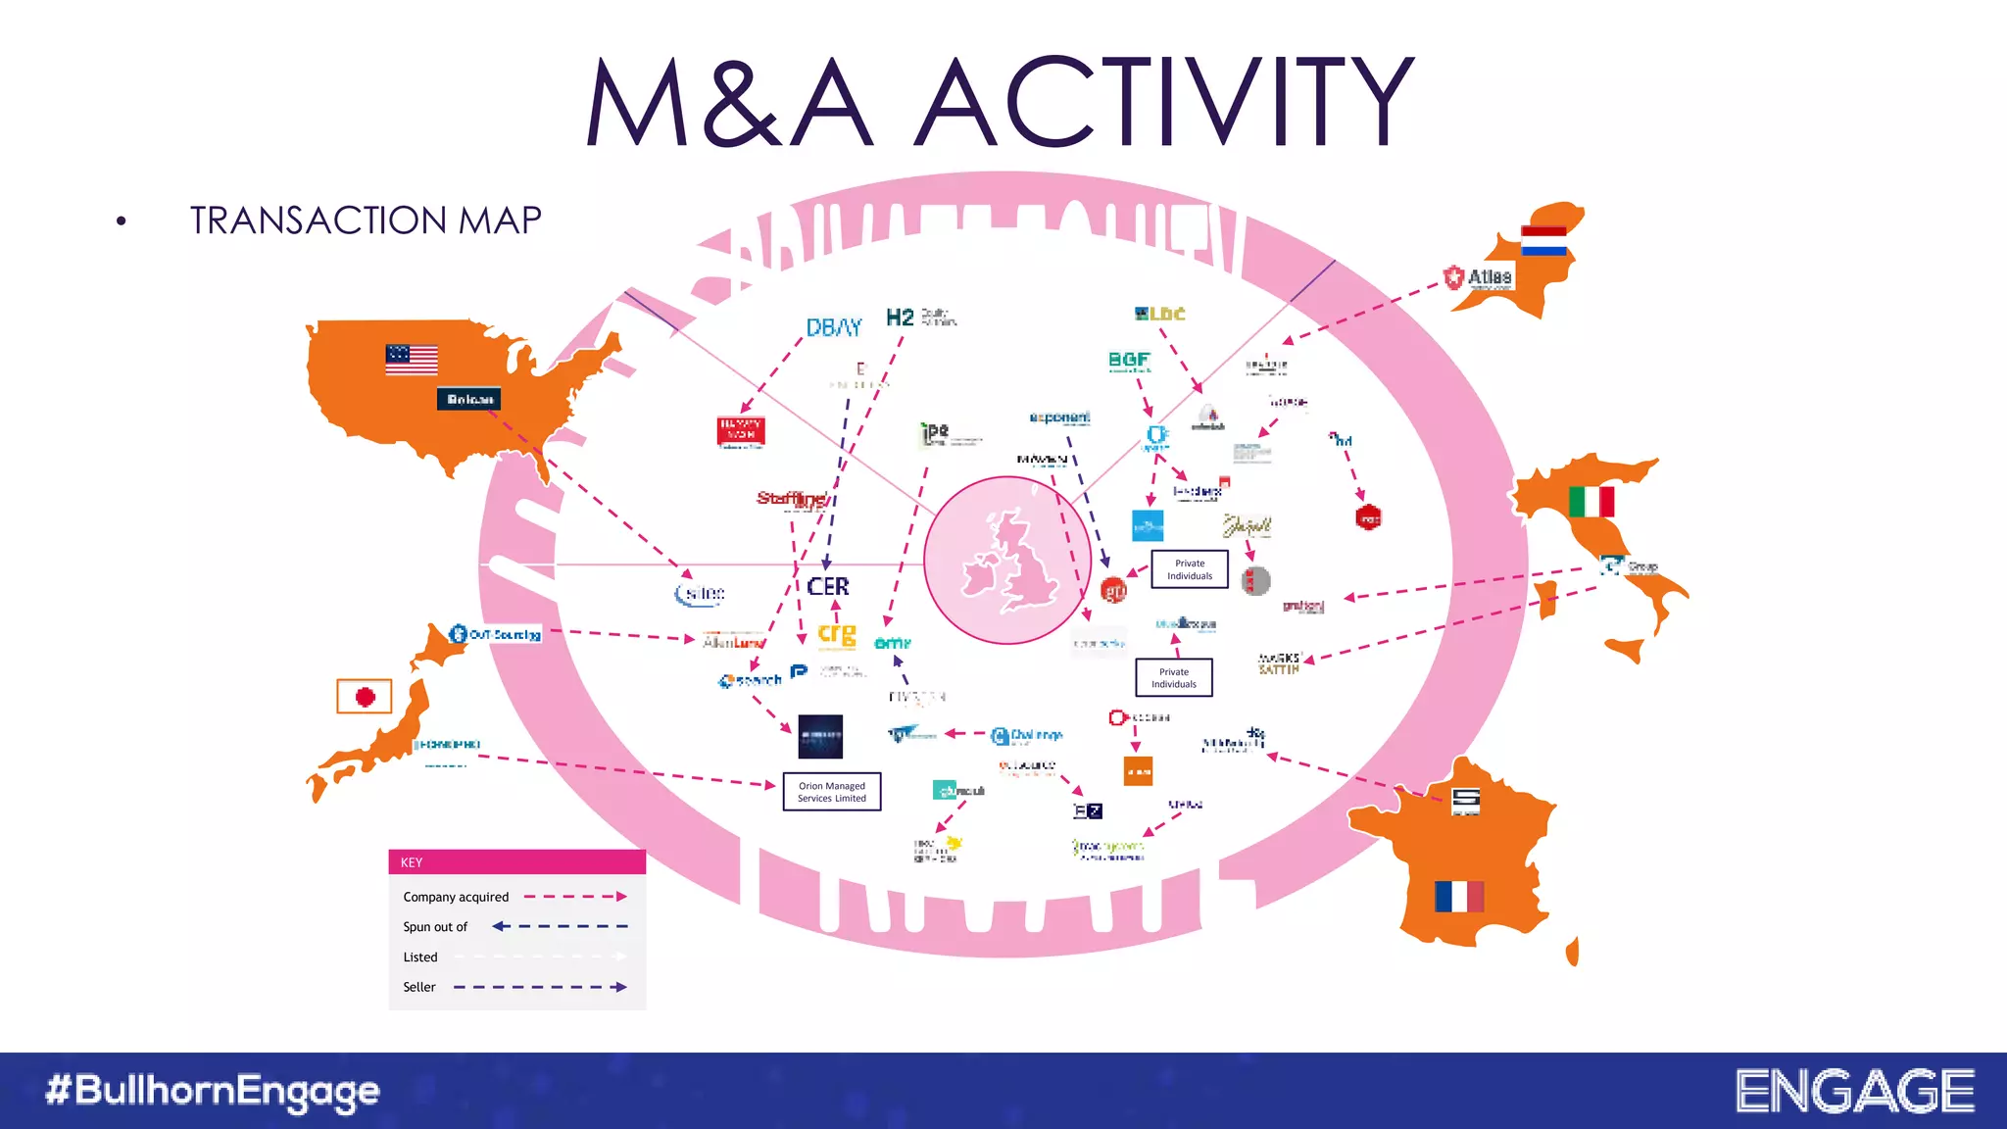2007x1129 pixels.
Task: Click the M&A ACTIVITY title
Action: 1000,102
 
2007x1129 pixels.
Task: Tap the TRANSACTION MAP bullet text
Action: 366,221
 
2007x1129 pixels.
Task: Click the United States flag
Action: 412,360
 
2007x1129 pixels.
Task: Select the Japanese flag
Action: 365,697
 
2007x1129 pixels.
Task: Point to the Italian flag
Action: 1591,502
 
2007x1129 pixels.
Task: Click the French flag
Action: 1459,896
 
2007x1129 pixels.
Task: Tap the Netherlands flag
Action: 1543,241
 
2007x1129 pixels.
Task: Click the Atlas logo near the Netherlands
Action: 1479,278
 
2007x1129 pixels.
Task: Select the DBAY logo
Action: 834,327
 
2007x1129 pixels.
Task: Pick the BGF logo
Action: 1129,361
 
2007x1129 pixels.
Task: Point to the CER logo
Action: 828,586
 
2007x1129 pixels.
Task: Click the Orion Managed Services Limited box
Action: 832,792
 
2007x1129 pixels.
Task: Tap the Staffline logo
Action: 792,499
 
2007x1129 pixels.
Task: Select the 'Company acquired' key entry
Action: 457,897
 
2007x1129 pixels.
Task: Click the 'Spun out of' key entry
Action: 435,927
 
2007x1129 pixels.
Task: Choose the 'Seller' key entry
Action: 419,987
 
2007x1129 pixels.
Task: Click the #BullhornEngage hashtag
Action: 213,1091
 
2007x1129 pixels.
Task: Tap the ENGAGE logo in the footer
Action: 1855,1091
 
